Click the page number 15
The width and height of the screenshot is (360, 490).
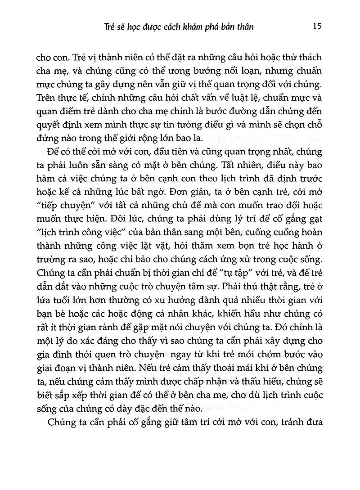pos(316,26)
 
